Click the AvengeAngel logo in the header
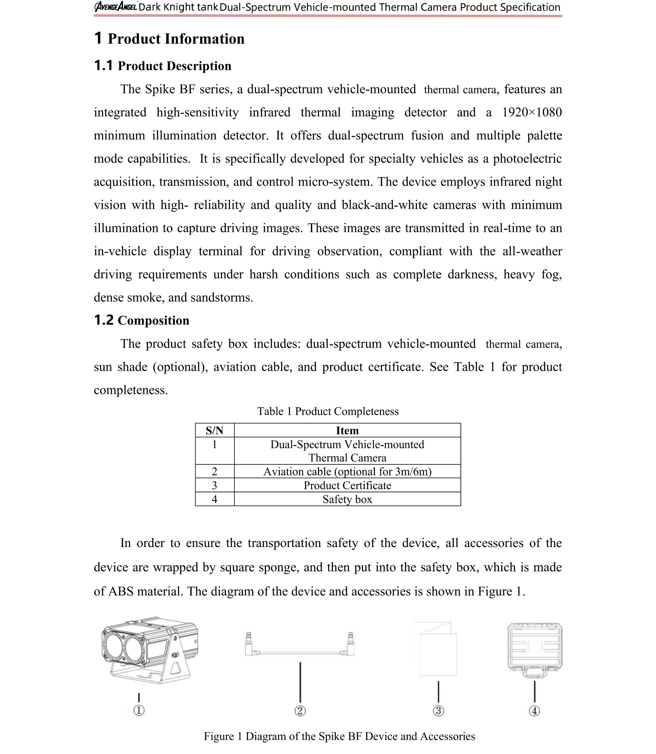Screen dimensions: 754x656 [116, 7]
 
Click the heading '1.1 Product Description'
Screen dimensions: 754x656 [163, 66]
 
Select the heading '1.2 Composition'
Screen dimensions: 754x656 [142, 320]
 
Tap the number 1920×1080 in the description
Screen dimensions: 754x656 [532, 112]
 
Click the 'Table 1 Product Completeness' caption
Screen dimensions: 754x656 [328, 411]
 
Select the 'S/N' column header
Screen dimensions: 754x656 [215, 430]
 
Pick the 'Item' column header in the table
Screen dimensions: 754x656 [347, 430]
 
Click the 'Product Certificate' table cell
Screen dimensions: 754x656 [347, 485]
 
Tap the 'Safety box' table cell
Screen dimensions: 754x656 [347, 499]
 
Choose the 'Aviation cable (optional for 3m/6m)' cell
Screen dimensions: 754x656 [347, 471]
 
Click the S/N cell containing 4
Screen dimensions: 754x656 [215, 499]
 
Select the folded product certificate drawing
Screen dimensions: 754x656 [436, 649]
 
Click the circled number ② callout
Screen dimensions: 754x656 [300, 711]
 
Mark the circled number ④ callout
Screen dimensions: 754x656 [534, 711]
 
